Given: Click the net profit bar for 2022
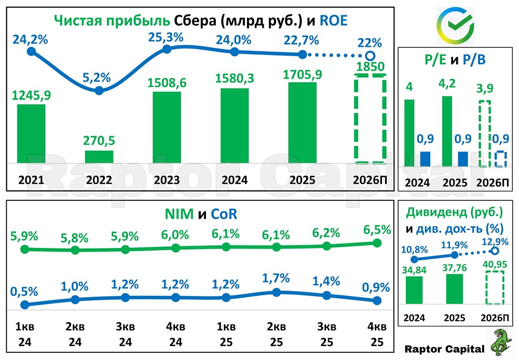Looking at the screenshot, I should click(99, 157).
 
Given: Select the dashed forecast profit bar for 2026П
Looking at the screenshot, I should click(370, 118).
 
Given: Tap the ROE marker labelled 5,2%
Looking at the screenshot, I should click(100, 90).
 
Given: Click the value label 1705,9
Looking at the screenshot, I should click(303, 74).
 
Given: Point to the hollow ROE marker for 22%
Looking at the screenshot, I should click(370, 56).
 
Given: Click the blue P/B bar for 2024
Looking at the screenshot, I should click(425, 159).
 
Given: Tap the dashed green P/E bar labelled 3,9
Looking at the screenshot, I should click(484, 133).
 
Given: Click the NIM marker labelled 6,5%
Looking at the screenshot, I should click(377, 243).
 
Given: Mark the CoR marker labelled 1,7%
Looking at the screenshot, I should click(276, 292).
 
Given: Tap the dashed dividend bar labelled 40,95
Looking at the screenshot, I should click(495, 287).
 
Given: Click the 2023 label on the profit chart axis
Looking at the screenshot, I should click(167, 180).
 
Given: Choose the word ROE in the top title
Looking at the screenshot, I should click(333, 20).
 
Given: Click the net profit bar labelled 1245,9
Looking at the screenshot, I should click(31, 133).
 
